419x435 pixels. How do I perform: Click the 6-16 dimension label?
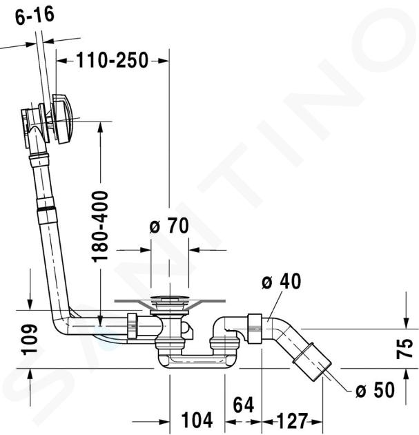point(35,15)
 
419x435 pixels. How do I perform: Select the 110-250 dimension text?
point(113,60)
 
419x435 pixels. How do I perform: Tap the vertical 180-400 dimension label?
point(100,226)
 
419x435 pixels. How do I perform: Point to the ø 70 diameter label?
point(169,226)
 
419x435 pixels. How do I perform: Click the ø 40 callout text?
point(281,281)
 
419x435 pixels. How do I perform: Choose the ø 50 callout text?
point(375,389)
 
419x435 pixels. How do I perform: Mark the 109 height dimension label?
point(30,339)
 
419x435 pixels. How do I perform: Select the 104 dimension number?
point(197,420)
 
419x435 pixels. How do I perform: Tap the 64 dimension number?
point(244,405)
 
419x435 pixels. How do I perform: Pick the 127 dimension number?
point(292,420)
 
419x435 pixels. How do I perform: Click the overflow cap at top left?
point(64,119)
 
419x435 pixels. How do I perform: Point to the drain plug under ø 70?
point(169,300)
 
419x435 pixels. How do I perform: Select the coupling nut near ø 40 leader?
point(255,329)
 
